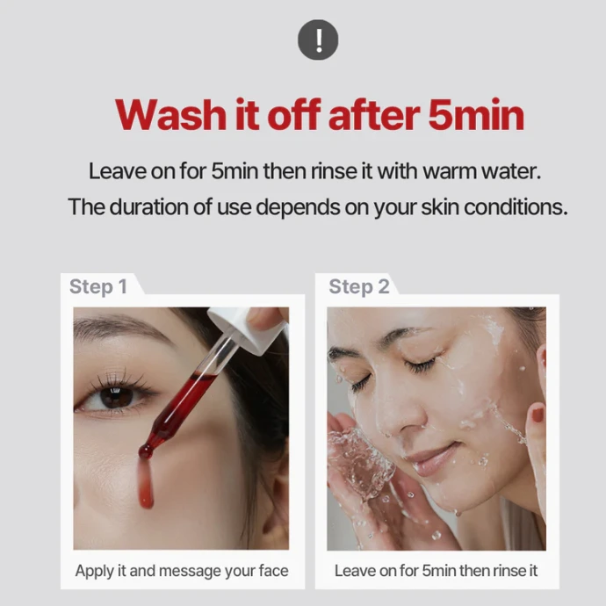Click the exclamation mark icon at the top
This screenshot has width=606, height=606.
[x=318, y=40]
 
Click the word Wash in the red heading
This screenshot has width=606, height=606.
[x=170, y=115]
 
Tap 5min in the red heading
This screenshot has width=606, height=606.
[x=476, y=115]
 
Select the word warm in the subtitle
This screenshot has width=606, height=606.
[x=449, y=171]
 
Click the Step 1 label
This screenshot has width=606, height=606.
[x=98, y=287]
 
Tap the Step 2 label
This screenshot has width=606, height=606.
[x=359, y=287]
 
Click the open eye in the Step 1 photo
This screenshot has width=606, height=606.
[x=116, y=396]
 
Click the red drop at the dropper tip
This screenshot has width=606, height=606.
[x=145, y=451]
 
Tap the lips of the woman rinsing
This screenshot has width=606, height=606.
[x=433, y=459]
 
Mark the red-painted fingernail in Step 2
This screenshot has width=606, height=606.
[x=537, y=415]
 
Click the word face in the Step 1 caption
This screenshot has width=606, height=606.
[x=274, y=571]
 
